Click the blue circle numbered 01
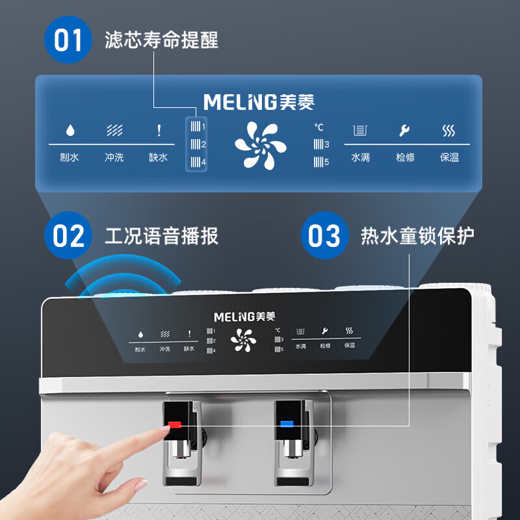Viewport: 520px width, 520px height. pos(68,40)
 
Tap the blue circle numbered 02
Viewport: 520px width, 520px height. pos(68,235)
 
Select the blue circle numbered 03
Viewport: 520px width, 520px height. pos(324,235)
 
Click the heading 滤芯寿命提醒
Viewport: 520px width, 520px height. pos(161,40)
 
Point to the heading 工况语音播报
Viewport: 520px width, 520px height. pos(161,236)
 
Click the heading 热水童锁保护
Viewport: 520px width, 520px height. pos(417,236)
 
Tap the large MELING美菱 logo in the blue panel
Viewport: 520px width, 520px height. pos(259,102)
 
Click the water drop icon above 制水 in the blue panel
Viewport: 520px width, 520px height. pos(70,130)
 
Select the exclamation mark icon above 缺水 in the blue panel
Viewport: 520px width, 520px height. pos(159,130)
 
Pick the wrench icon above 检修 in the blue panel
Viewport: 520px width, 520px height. pos(404,131)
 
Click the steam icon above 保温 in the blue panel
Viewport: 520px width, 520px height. pos(448,131)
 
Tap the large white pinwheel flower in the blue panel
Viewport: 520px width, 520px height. pos(261,146)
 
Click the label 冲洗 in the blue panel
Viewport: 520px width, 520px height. pos(114,157)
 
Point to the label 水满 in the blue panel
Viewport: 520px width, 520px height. pos(361,157)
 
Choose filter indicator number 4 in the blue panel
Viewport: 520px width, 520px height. pos(198,162)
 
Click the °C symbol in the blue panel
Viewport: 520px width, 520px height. pos(318,127)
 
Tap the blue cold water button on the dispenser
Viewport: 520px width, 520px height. pos(287,424)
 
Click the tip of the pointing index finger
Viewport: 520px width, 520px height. pos(167,428)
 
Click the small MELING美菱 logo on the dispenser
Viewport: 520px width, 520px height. pos(245,317)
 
